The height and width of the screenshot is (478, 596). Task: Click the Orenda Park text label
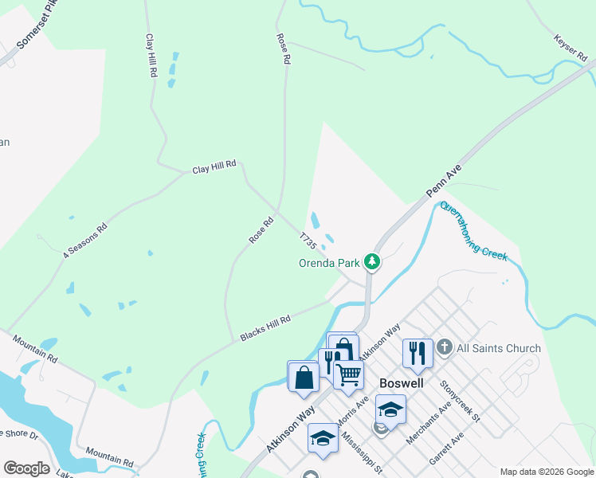coord(329,262)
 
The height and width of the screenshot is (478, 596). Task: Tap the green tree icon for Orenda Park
coord(371,261)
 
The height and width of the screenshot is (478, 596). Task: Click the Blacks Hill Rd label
coord(265,328)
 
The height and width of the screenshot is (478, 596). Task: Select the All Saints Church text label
coord(499,348)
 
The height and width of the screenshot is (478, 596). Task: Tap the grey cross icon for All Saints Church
coord(445,347)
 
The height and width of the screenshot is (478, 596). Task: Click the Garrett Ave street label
coord(446,452)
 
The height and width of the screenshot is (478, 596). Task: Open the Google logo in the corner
coord(26,468)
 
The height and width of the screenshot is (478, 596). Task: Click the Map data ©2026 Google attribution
coord(546,472)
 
